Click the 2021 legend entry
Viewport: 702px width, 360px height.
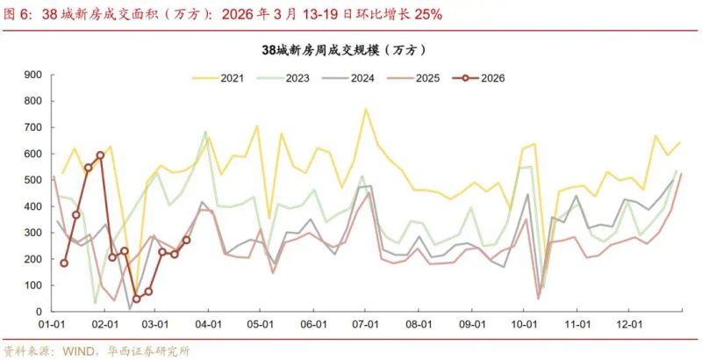tap(231, 78)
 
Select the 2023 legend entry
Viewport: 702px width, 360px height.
tap(296, 78)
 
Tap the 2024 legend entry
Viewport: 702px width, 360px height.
tap(361, 78)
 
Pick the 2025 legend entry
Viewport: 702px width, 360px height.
tap(426, 78)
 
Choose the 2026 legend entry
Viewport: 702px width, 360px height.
tap(491, 78)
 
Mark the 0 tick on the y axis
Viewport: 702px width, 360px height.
tap(40, 312)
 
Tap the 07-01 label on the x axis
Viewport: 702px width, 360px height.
tap(366, 325)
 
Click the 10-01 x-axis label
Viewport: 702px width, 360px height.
tap(524, 325)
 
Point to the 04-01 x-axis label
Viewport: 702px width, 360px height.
tap(208, 325)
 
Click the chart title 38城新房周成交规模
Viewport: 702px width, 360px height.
tap(350, 51)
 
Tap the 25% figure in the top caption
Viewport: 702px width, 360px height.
tap(427, 14)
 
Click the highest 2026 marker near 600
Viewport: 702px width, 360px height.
tap(100, 155)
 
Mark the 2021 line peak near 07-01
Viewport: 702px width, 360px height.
tap(366, 109)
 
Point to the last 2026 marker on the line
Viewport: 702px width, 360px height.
tap(186, 240)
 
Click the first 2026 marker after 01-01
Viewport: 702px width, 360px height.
tap(63, 263)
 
